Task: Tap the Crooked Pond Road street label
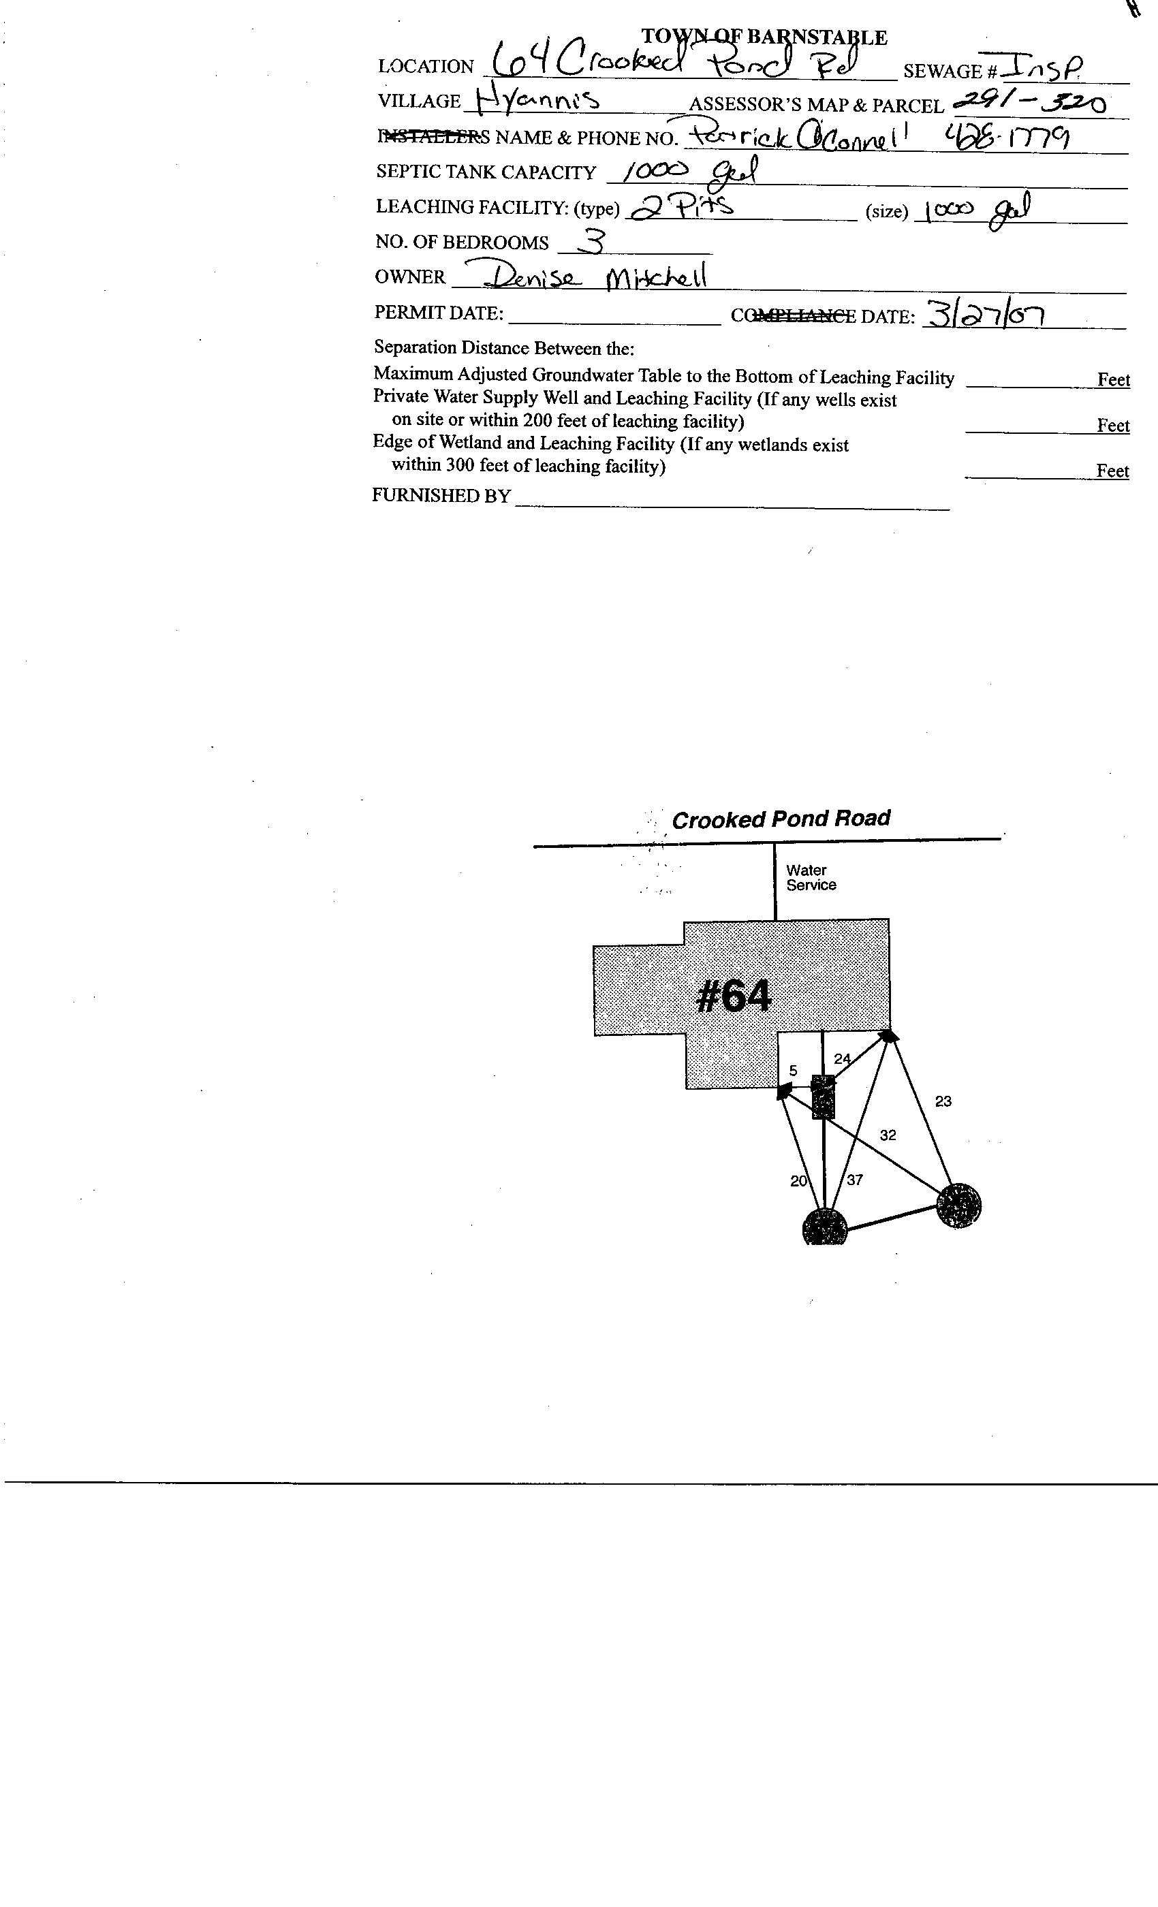coord(780,819)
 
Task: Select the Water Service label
coord(811,878)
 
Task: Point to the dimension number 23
coord(943,1101)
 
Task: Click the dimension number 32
coord(888,1135)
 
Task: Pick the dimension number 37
coord(855,1180)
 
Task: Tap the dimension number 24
coord(842,1059)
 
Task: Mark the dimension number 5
coord(794,1071)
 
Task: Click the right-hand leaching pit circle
coord(958,1205)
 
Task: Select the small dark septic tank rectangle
coord(823,1096)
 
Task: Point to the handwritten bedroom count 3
coord(592,242)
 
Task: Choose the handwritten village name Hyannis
coord(537,99)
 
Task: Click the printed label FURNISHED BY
coord(441,495)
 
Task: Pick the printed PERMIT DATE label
coord(439,313)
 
